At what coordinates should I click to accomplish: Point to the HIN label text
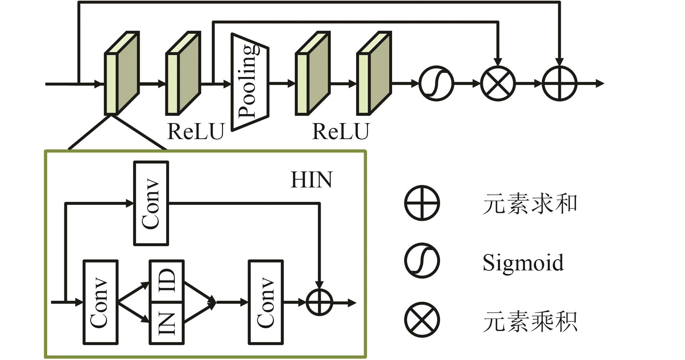(311, 180)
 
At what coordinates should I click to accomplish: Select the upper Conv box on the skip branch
(151, 203)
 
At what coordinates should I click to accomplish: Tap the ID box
(167, 281)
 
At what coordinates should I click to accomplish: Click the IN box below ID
(167, 323)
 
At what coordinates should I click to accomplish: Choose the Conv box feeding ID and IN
(100, 302)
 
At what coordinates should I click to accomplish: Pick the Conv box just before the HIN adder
(266, 302)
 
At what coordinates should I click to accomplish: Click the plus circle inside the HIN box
(319, 302)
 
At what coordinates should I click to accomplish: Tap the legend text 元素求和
(530, 204)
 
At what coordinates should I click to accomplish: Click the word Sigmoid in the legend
(523, 262)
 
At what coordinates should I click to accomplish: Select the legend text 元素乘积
(530, 321)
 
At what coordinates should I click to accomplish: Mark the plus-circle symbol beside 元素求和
(422, 203)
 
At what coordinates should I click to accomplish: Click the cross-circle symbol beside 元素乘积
(422, 320)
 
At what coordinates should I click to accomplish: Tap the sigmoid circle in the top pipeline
(436, 83)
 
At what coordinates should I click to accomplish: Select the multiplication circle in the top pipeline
(498, 83)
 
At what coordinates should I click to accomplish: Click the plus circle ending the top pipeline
(559, 83)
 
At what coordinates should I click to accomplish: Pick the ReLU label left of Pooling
(196, 131)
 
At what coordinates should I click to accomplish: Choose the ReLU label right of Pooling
(341, 131)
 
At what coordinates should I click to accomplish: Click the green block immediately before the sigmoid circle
(374, 74)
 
